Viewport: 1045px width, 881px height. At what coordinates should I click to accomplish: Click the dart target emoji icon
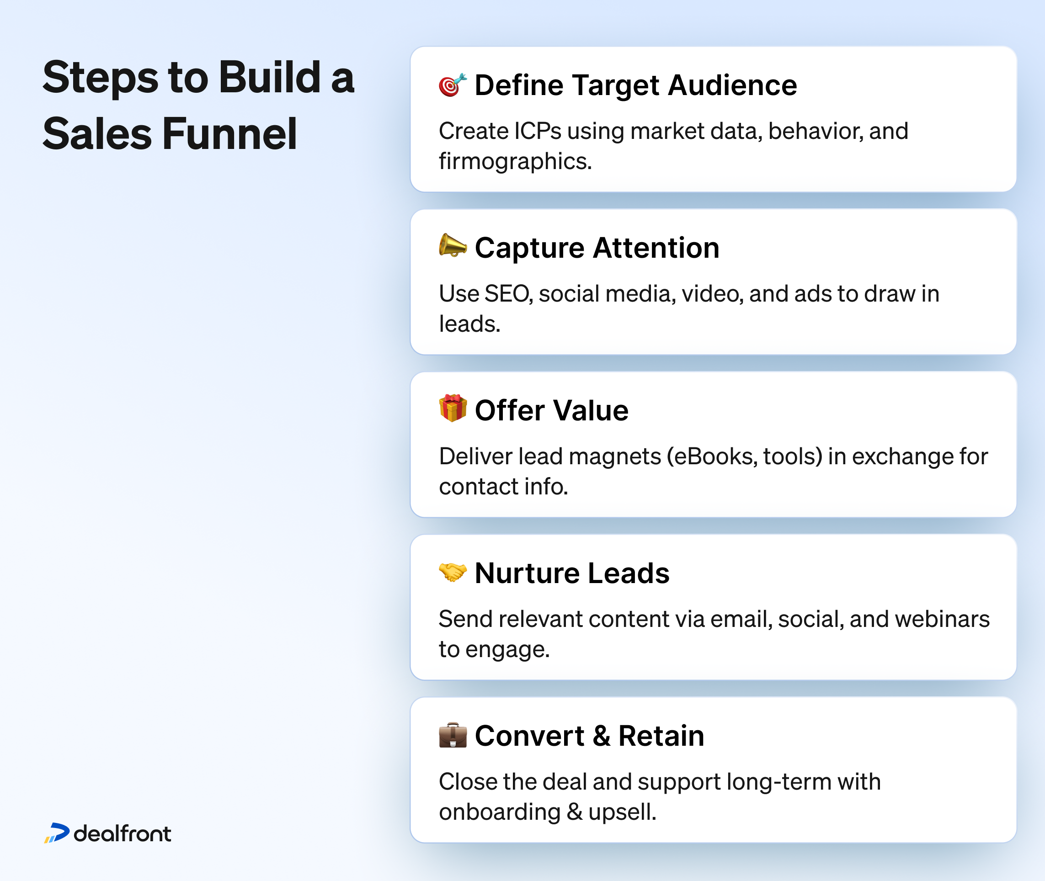[x=453, y=85]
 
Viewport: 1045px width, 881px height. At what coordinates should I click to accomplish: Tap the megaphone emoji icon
[x=453, y=245]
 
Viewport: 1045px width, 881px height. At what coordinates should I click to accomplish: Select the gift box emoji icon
[x=453, y=408]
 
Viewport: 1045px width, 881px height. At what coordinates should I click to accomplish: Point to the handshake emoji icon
[x=453, y=572]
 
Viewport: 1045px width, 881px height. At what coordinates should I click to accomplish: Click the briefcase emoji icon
[x=453, y=735]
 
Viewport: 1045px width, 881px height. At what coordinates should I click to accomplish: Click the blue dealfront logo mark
[x=57, y=833]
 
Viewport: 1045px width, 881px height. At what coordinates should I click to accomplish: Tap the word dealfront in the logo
[x=123, y=833]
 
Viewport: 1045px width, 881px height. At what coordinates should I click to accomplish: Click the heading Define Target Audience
[x=635, y=85]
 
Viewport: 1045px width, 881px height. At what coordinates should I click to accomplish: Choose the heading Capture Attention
[x=597, y=248]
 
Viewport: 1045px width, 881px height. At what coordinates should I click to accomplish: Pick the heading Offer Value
[x=551, y=410]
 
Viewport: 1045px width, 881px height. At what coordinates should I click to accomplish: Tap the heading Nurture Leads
[x=572, y=573]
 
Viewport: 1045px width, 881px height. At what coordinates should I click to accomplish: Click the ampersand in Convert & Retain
[x=602, y=736]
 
